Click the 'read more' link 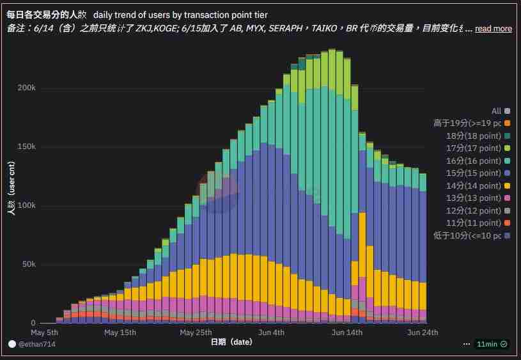pos(493,29)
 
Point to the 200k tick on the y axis pos(26,88)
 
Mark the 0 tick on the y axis pos(33,324)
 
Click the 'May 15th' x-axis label pos(120,333)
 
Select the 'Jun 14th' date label pos(347,333)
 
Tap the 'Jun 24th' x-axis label pos(423,333)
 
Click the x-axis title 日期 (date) pos(231,343)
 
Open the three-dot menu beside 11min pos(467,344)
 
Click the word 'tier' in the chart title pos(260,14)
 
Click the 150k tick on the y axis pos(26,146)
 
